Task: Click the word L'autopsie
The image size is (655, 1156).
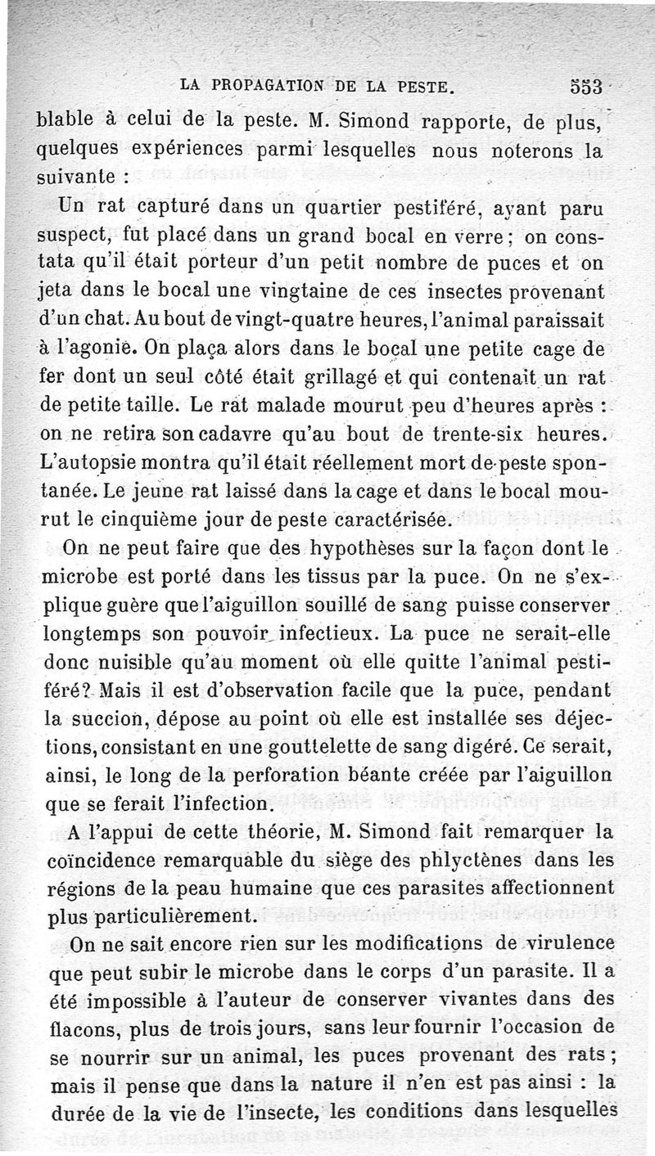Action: (85, 465)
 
